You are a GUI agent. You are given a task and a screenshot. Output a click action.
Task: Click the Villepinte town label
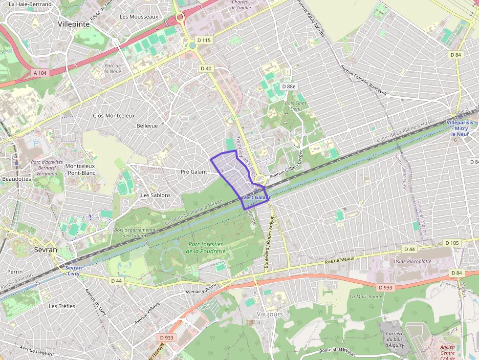[x=73, y=23]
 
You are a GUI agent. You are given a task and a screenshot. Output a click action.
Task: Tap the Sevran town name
[x=45, y=250]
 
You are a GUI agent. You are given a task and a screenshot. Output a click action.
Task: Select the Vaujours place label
[x=269, y=314]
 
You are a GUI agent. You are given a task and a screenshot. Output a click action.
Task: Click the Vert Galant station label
[x=256, y=197]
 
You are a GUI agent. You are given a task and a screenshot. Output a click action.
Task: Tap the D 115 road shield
[x=203, y=40]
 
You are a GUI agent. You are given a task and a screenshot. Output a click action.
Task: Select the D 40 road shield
[x=206, y=68]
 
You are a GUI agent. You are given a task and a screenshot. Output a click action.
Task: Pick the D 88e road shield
[x=288, y=86]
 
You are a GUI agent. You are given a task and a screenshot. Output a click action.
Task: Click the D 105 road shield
[x=452, y=243]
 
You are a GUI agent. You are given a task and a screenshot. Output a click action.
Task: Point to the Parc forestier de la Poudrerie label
[x=205, y=248]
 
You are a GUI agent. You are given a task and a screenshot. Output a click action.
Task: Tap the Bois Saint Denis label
[x=296, y=106]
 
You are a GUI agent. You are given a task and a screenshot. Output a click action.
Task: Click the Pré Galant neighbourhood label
[x=194, y=172]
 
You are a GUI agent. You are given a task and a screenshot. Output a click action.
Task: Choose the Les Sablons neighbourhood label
[x=155, y=195]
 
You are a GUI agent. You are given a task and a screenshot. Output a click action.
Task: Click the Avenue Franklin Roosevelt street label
[x=364, y=80]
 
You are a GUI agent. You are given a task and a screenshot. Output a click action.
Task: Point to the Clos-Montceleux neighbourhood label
[x=113, y=116]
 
